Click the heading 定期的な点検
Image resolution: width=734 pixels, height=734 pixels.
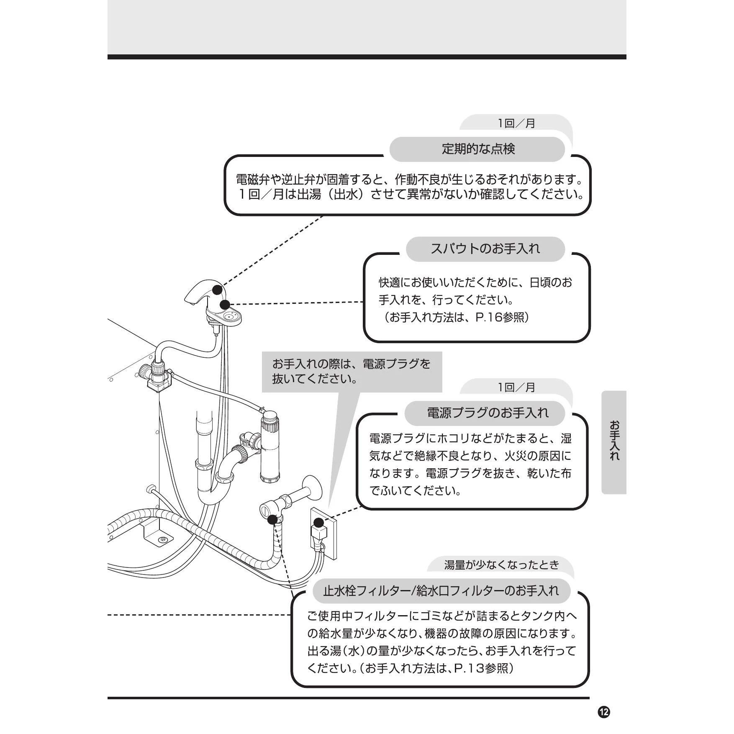(x=478, y=149)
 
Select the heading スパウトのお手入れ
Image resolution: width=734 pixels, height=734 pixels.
(x=485, y=249)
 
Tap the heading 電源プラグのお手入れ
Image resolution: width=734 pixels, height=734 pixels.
(x=488, y=413)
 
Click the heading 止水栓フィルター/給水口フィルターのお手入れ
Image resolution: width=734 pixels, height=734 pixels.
(x=441, y=590)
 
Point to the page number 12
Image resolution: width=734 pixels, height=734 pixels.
(x=604, y=712)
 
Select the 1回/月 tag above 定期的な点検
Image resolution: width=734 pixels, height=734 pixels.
(x=516, y=123)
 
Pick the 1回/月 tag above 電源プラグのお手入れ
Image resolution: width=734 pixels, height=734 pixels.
(x=516, y=388)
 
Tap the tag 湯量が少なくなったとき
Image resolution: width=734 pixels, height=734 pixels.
(x=502, y=565)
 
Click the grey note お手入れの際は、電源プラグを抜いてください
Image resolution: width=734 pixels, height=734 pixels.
(x=352, y=372)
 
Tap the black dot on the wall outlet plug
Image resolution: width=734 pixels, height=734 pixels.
(x=318, y=522)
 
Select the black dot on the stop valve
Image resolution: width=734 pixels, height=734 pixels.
(x=272, y=519)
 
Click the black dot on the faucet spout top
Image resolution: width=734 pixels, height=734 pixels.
(x=217, y=289)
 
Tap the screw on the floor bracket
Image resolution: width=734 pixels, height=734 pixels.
(x=163, y=540)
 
